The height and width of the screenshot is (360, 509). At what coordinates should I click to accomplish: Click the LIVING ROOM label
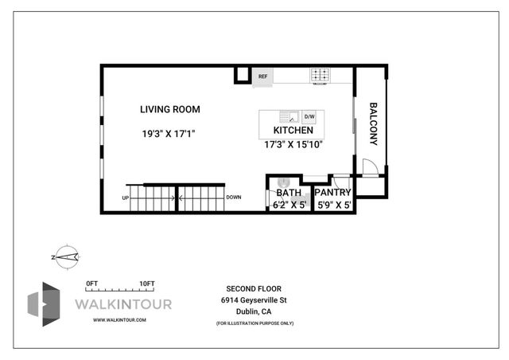coord(169,109)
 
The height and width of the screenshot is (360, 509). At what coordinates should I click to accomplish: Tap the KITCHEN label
coord(293,130)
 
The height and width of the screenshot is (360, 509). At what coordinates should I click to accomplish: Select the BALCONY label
coord(372,123)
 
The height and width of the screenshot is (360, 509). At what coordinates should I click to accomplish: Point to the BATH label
coord(288,193)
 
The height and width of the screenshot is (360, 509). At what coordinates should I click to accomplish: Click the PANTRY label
coord(332,193)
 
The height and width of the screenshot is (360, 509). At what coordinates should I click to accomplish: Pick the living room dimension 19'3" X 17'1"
coord(168,135)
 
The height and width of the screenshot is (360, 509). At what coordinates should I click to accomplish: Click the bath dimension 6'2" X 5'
coord(289,205)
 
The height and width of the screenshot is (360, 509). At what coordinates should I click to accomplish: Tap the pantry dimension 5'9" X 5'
coord(333,205)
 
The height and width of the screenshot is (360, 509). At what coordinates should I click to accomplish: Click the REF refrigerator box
coord(263,76)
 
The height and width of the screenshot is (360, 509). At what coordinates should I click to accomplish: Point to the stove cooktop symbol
coord(320,76)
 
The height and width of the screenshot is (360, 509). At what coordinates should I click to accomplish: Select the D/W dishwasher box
coord(309,116)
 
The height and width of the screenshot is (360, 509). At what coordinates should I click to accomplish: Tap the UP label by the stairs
coord(125,198)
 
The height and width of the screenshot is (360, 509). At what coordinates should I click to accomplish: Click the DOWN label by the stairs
coord(234,198)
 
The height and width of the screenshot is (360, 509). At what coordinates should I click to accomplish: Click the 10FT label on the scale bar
coord(146,284)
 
